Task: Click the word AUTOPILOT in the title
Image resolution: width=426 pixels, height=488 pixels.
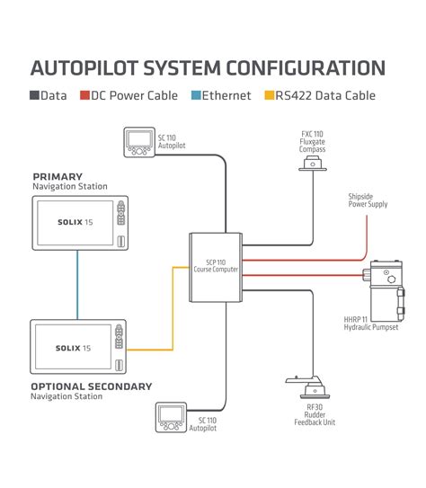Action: click(x=85, y=68)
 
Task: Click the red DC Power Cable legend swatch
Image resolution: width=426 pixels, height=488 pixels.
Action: click(x=84, y=95)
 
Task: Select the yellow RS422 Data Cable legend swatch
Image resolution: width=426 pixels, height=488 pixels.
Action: click(x=268, y=95)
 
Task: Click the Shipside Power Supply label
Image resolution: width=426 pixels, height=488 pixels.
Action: click(x=368, y=200)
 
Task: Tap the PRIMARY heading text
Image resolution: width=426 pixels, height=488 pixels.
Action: click(x=58, y=176)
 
